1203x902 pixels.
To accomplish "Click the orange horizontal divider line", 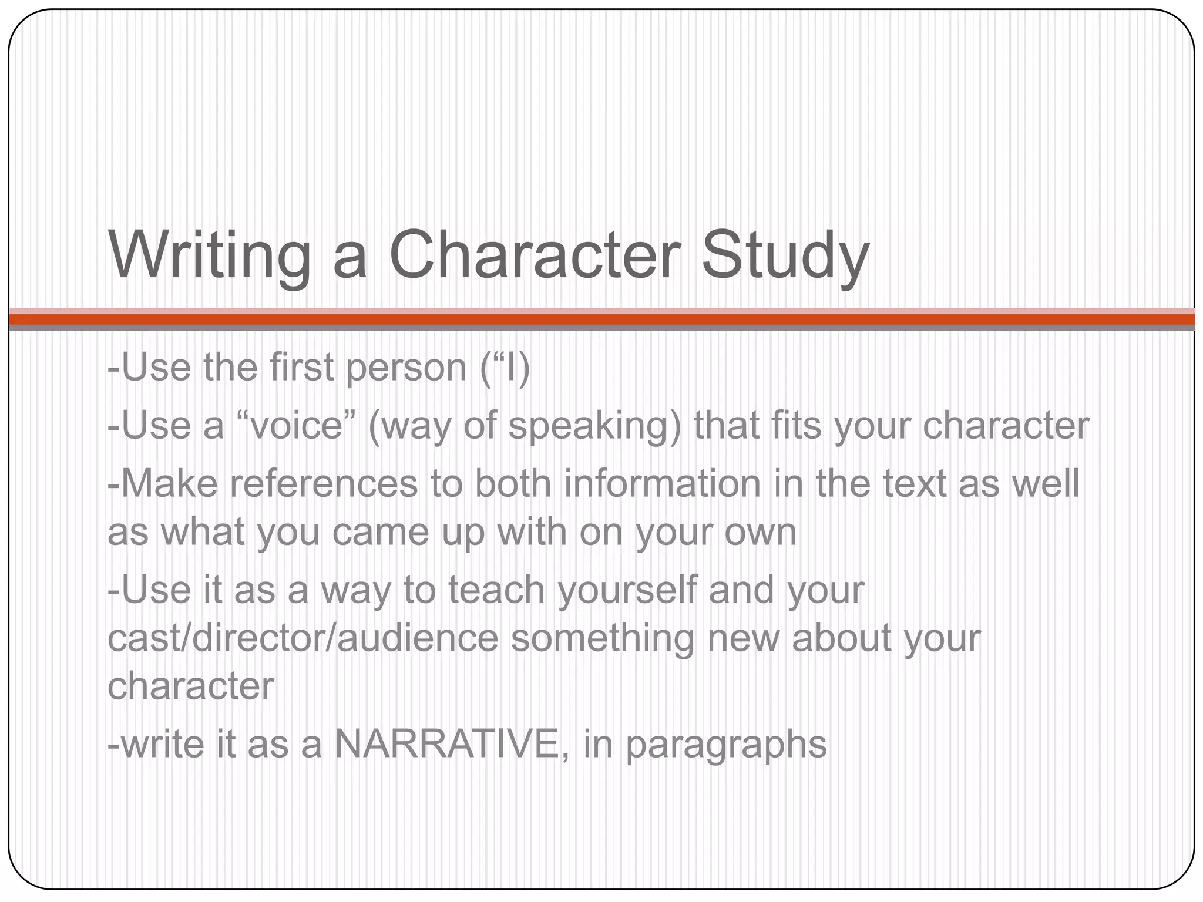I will tap(601, 319).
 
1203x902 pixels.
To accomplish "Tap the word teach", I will tap(496, 590).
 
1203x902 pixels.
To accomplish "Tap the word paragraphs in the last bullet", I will tap(726, 745).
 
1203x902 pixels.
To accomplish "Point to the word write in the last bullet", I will tap(156, 743).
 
